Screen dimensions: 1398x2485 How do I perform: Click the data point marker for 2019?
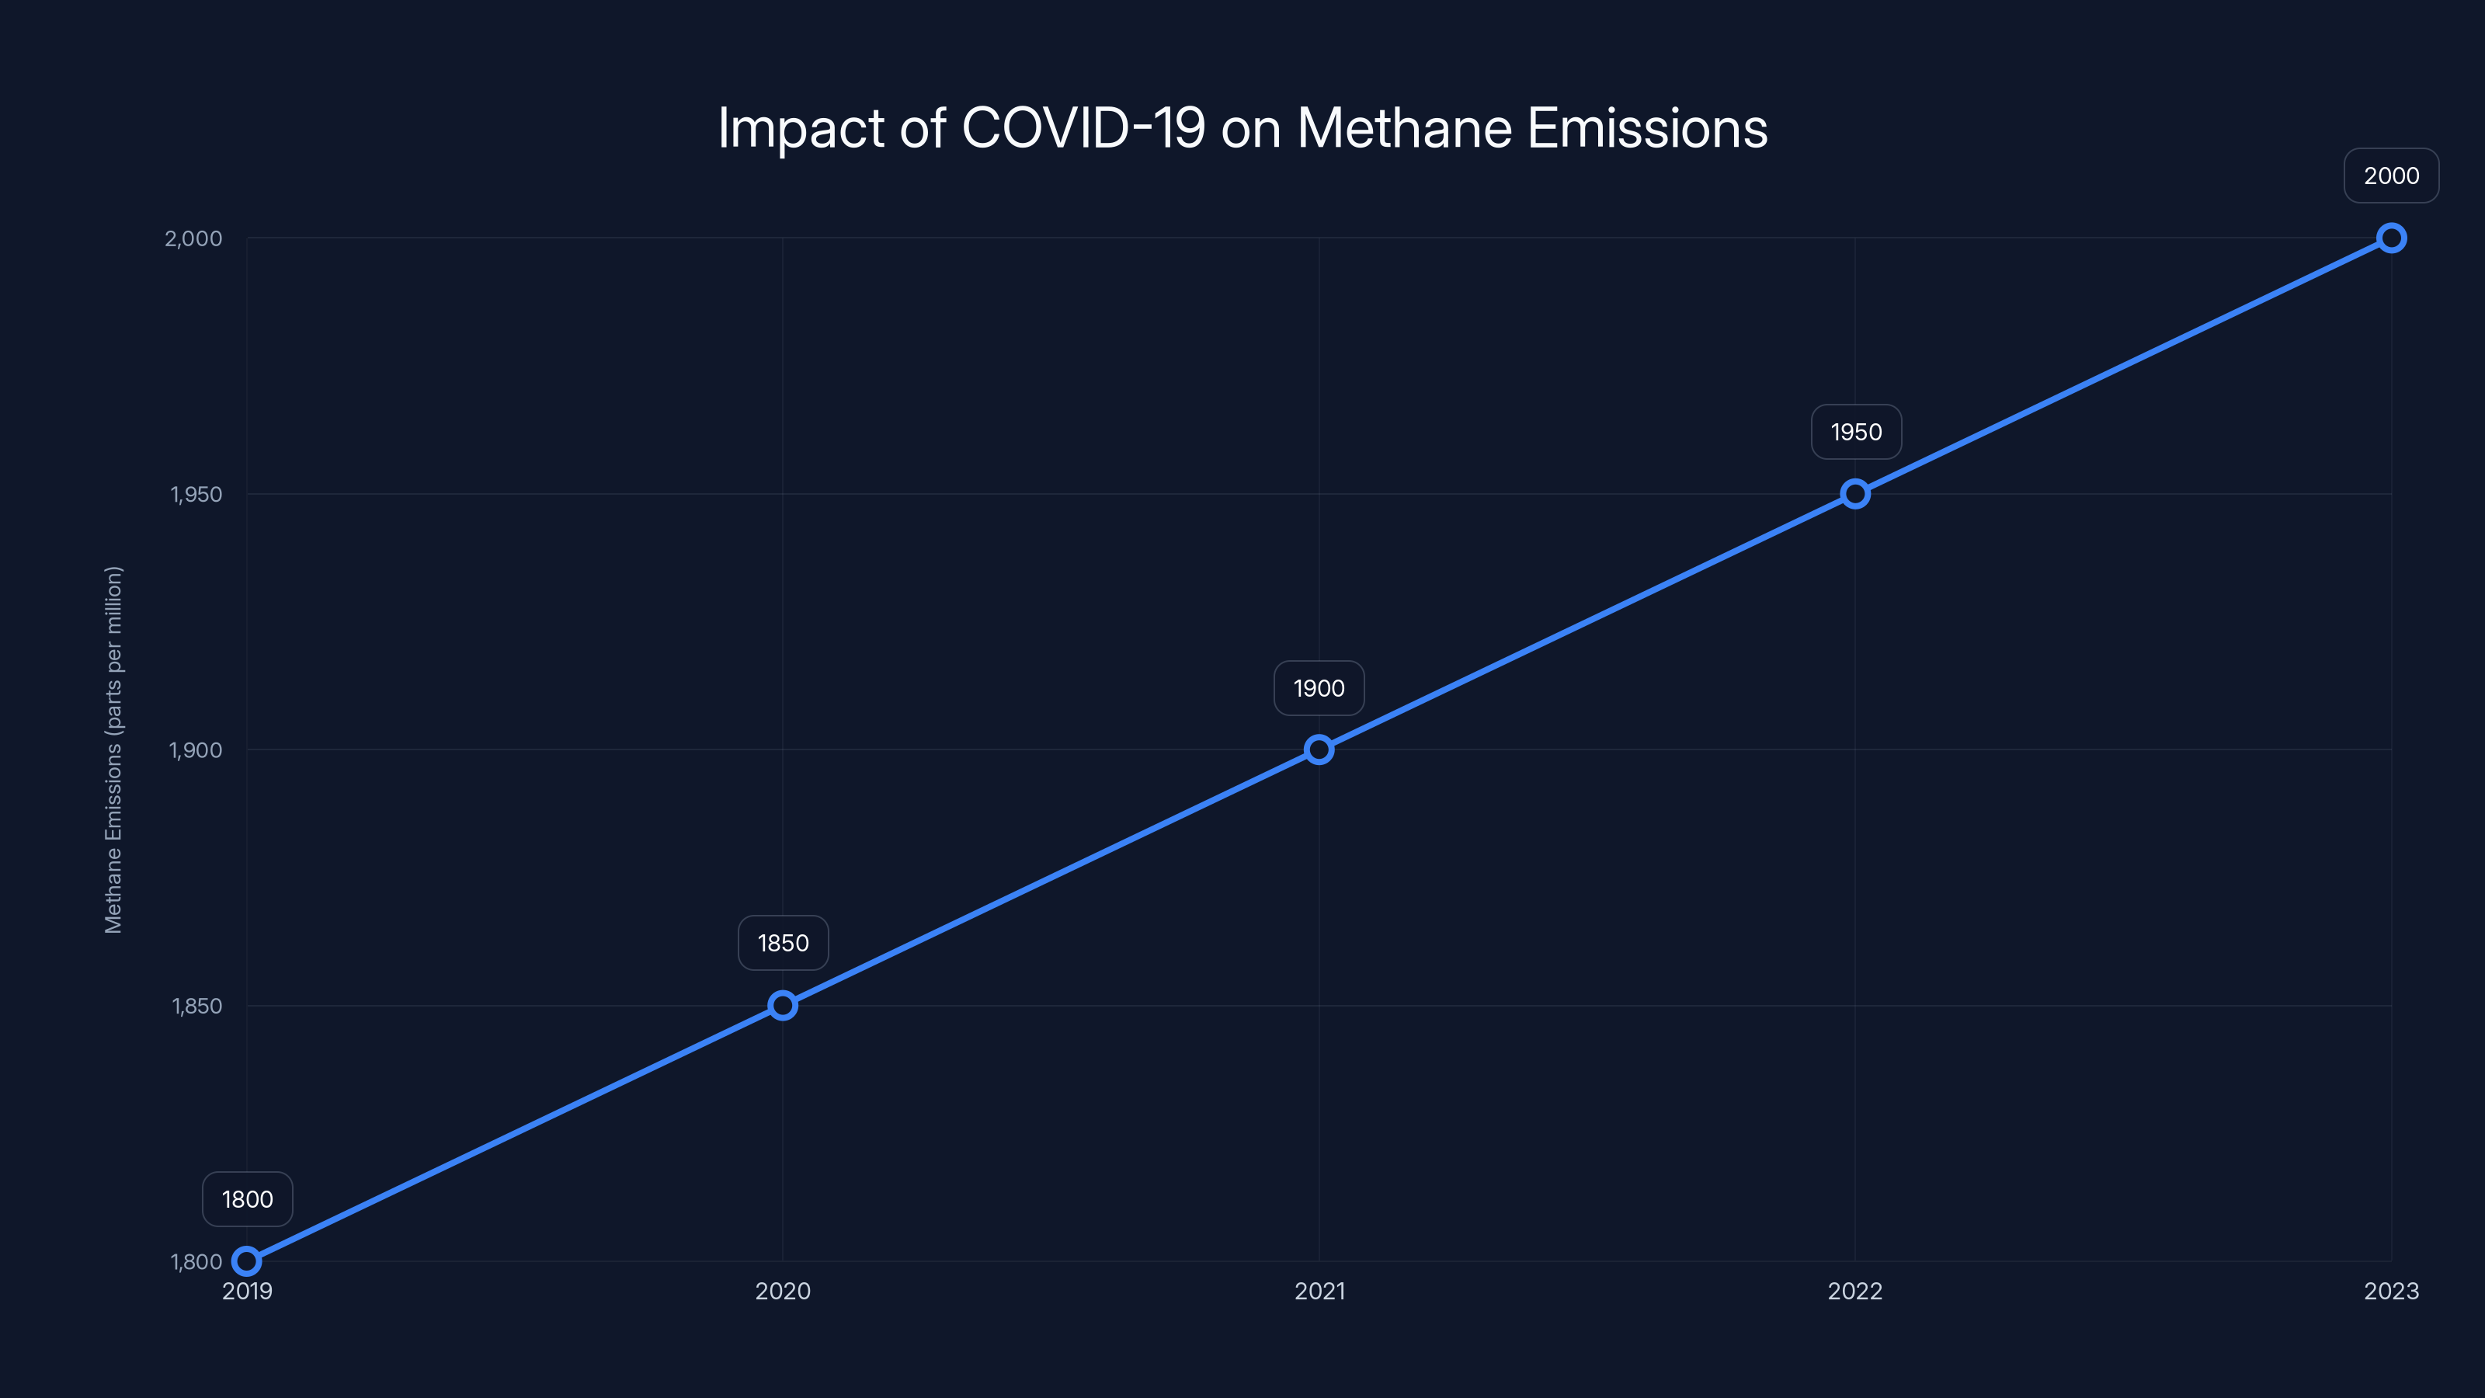pyautogui.click(x=247, y=1261)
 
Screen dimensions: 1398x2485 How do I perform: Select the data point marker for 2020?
pyautogui.click(x=782, y=1005)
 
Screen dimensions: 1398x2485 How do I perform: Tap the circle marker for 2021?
pyautogui.click(x=1319, y=749)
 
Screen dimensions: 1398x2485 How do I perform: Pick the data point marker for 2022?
pyautogui.click(x=1854, y=494)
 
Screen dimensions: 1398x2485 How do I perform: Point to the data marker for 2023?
pyautogui.click(x=2390, y=238)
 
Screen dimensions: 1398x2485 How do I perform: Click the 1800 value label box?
pyautogui.click(x=247, y=1199)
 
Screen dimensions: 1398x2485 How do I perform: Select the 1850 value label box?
pyautogui.click(x=782, y=943)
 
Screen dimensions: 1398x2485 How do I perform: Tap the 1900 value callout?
pyautogui.click(x=1319, y=688)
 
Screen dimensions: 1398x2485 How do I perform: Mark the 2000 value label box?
pyautogui.click(x=2390, y=176)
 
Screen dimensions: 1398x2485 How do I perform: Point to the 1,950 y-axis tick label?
pyautogui.click(x=196, y=494)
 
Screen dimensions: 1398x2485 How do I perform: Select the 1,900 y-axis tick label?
pyautogui.click(x=195, y=749)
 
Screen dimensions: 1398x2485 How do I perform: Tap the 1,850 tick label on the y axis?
pyautogui.click(x=196, y=1005)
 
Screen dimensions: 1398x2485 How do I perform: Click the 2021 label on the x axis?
pyautogui.click(x=1319, y=1291)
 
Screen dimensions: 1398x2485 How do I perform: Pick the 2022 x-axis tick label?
pyautogui.click(x=1854, y=1291)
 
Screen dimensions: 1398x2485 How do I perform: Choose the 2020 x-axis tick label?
pyautogui.click(x=782, y=1291)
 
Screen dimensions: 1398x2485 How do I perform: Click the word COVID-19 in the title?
pyautogui.click(x=1083, y=127)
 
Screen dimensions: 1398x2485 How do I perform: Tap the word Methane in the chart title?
pyautogui.click(x=1403, y=127)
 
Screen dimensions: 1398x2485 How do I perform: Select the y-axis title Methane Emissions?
pyautogui.click(x=114, y=749)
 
